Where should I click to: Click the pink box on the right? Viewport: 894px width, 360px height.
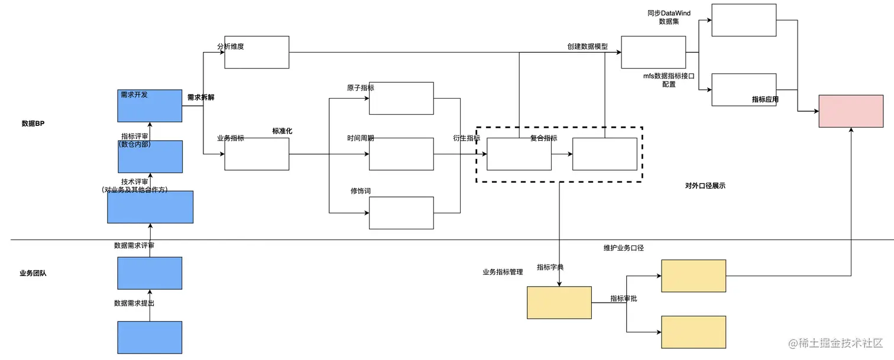click(x=851, y=111)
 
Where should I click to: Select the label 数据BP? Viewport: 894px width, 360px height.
click(x=33, y=124)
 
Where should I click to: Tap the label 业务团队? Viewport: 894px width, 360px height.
click(x=33, y=273)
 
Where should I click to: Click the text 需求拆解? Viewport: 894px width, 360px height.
click(x=200, y=98)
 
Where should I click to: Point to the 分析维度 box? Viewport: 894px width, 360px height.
click(x=257, y=52)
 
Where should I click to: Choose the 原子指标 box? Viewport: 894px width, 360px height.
click(x=401, y=98)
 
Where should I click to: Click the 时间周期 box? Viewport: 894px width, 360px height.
click(x=401, y=154)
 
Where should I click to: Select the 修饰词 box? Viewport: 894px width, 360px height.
click(x=401, y=213)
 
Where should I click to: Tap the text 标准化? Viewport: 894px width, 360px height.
click(x=282, y=131)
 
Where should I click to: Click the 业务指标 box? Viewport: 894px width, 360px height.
click(x=257, y=154)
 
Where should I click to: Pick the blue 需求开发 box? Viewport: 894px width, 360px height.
click(x=150, y=106)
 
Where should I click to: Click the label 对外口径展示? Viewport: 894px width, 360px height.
click(x=705, y=186)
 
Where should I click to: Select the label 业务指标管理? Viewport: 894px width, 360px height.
click(x=503, y=273)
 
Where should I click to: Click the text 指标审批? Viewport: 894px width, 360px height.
click(x=623, y=299)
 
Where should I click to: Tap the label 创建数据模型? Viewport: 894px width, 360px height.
click(x=587, y=46)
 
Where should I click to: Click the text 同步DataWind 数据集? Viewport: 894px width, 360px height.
click(x=669, y=17)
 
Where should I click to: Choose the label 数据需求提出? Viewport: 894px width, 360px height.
click(x=134, y=303)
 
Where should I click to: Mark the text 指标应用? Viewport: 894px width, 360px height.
click(x=765, y=99)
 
